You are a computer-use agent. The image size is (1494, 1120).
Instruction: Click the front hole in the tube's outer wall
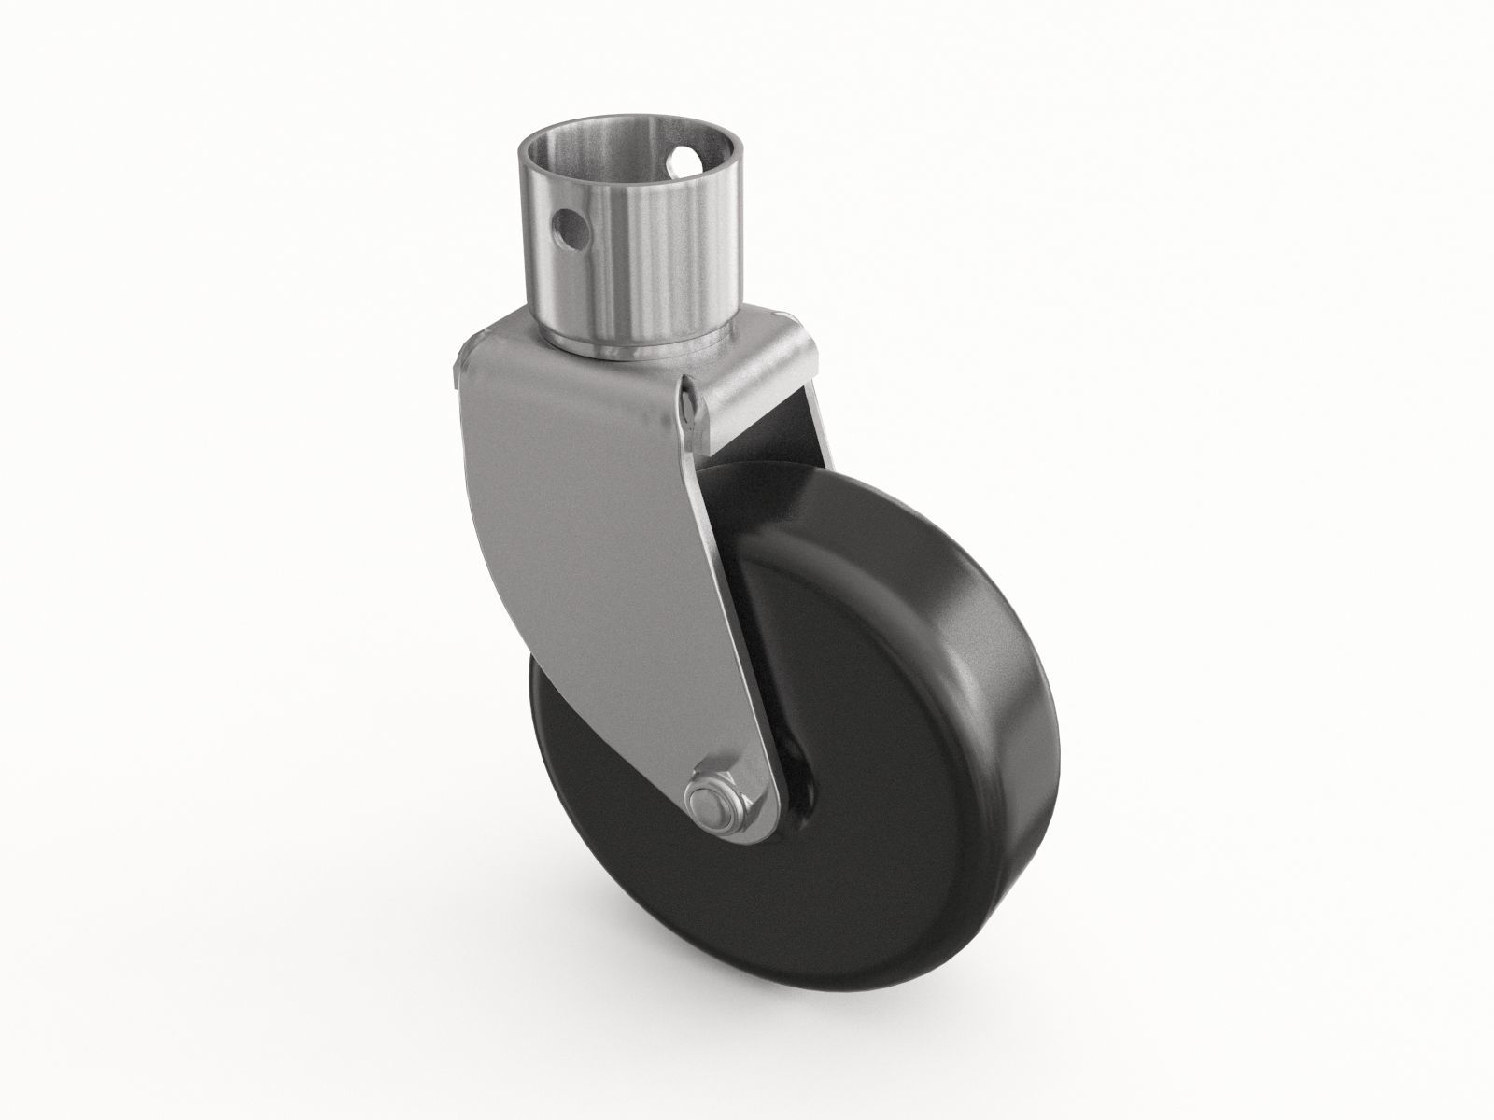(569, 225)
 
